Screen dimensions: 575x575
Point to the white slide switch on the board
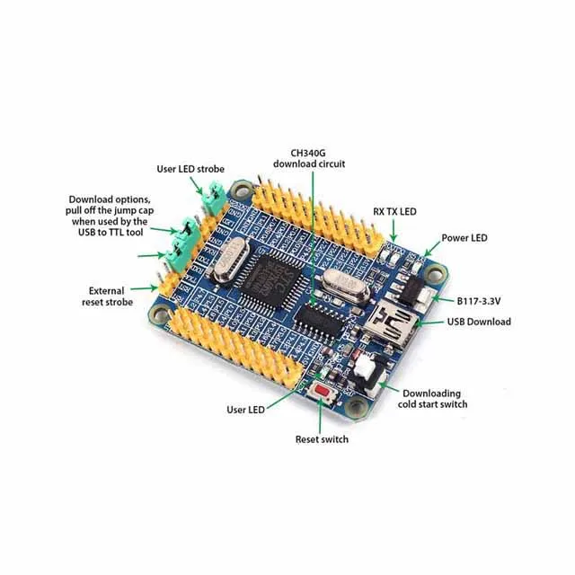tap(362, 366)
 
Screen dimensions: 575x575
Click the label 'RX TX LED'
tap(395, 212)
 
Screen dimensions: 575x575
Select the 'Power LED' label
tap(464, 238)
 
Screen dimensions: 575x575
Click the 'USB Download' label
tap(479, 321)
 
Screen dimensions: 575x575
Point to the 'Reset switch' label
tap(322, 439)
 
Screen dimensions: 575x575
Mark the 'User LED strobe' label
tap(190, 168)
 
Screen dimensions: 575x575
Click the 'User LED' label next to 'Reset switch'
tap(245, 410)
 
